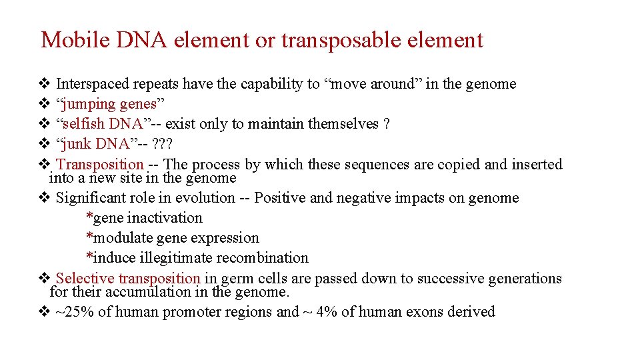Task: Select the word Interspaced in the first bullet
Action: click(x=93, y=83)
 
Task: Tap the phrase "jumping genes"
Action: click(x=111, y=104)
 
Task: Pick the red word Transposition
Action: click(x=101, y=164)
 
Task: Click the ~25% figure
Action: click(x=74, y=312)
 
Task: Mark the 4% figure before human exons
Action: click(x=327, y=312)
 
